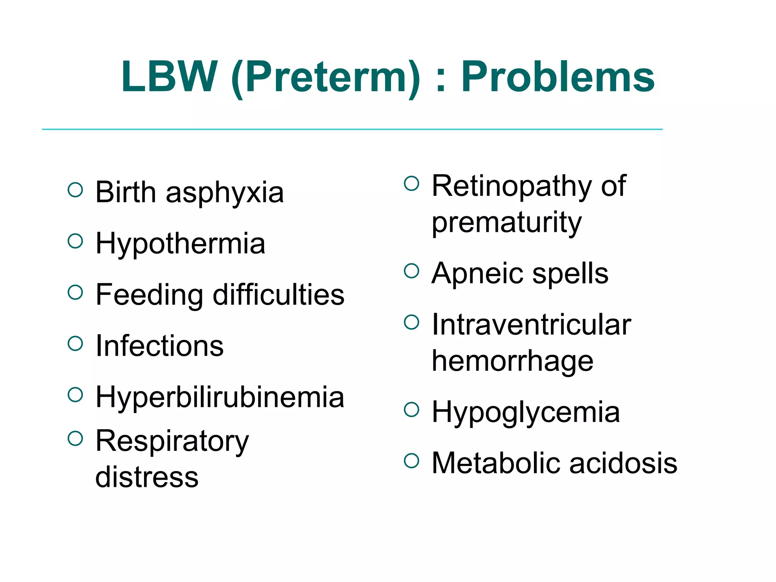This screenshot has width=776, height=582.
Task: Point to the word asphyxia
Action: [225, 193]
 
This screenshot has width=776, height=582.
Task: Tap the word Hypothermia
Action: [180, 244]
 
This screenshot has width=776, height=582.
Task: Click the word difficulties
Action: [278, 295]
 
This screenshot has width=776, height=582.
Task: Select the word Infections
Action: [160, 346]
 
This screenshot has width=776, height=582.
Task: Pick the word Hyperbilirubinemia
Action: [220, 397]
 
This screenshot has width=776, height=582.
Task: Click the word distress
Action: [147, 477]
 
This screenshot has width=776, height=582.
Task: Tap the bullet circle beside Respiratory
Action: [75, 438]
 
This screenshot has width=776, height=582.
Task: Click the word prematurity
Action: [507, 223]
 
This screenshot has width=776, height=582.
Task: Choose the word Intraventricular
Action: [531, 325]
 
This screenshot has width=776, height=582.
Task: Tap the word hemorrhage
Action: [512, 361]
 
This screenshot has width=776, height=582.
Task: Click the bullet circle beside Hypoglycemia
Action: [411, 409]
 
